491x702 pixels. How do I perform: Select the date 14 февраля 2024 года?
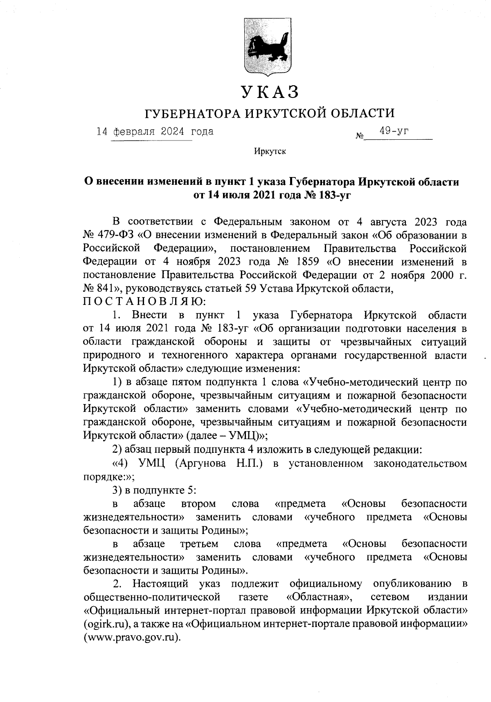tap(155, 132)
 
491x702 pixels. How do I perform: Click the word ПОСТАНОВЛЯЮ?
tap(145, 302)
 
